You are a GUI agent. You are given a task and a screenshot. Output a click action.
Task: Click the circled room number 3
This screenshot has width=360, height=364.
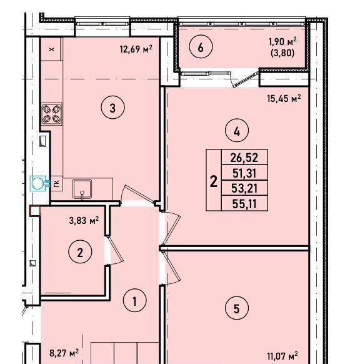pos(112,108)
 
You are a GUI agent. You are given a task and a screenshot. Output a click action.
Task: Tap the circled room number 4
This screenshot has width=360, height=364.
pos(237,131)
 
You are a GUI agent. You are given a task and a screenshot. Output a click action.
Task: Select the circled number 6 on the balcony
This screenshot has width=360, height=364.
pos(201,47)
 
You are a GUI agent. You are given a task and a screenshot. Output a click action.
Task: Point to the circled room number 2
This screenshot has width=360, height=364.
pos(80,251)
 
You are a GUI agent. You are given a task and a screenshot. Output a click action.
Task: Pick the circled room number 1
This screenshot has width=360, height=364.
pos(135,300)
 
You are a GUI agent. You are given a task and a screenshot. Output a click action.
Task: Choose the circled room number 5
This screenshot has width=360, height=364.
pos(237,308)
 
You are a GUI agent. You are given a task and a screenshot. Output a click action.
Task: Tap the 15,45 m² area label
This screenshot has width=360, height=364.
pos(284,98)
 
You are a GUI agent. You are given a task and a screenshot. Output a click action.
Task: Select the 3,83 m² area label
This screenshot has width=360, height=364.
pos(84,220)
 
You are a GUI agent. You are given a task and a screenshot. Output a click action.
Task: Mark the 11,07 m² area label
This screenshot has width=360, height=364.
pos(282,362)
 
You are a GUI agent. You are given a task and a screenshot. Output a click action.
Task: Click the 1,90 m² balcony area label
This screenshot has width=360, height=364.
pos(282,42)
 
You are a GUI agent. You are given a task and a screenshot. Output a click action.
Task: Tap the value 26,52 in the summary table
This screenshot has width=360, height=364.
pos(244,158)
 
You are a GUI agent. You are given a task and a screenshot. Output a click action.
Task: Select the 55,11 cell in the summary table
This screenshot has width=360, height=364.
pos(244,204)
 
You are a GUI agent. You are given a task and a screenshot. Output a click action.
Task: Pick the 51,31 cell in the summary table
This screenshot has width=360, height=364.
pos(244,173)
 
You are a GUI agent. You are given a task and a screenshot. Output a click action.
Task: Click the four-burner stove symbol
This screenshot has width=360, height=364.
pos(51,114)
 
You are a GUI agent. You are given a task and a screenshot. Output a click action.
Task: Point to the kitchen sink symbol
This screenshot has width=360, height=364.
pos(82,189)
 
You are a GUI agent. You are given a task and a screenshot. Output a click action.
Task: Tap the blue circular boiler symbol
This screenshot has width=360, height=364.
pos(37,183)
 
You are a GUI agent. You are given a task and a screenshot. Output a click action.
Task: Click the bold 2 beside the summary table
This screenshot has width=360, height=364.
pos(214,181)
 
